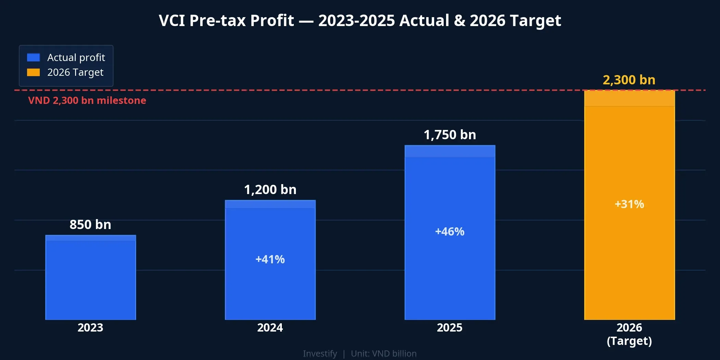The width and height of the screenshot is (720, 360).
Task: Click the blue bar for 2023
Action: coord(91,278)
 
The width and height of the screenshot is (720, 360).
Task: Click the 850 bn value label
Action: coord(91,225)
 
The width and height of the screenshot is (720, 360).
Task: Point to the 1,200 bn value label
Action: coord(270,190)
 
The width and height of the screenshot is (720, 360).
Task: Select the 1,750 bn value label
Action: coord(450,135)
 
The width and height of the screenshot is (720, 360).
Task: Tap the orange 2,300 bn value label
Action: coord(629,80)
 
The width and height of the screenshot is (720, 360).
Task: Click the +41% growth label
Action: coord(270,259)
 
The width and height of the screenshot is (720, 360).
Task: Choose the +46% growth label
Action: coord(450,231)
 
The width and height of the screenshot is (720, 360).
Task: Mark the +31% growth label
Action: coord(629,204)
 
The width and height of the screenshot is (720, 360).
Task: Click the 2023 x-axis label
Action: coord(91,327)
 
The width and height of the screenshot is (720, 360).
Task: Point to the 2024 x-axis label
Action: coord(270,327)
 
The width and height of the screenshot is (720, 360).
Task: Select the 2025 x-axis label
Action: coord(450,327)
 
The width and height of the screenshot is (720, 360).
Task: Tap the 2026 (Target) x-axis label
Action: coord(629,334)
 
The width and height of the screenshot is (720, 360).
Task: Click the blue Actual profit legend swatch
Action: coord(33,57)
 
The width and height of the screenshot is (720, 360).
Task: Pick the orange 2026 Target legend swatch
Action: coord(33,72)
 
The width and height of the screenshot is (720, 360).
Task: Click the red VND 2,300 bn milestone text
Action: coord(87,100)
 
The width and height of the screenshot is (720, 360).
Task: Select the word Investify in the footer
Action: coord(320,353)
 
